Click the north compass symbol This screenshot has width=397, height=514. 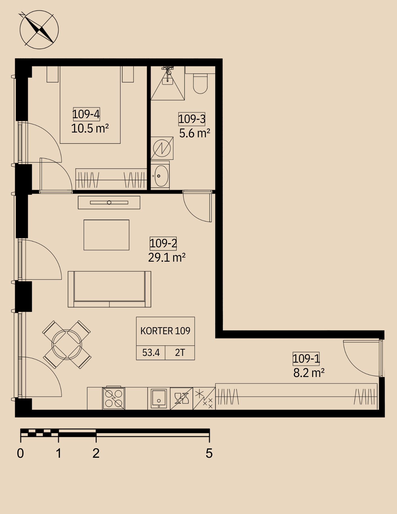[39, 30]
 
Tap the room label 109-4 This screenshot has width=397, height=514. [86, 114]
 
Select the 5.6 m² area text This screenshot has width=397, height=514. [195, 133]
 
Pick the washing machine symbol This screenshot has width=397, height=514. [162, 148]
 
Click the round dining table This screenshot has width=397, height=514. [67, 345]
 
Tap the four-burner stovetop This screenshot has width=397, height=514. [114, 398]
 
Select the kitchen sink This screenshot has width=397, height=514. [159, 399]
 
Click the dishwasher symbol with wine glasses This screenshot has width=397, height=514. [182, 399]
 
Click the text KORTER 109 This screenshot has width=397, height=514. [165, 331]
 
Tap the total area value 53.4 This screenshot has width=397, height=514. [151, 353]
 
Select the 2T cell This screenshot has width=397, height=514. [180, 353]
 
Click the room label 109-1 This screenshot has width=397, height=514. [306, 359]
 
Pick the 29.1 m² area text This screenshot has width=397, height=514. [167, 257]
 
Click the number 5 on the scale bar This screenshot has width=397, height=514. [209, 453]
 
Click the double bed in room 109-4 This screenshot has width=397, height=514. [90, 105]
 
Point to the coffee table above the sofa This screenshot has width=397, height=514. [106, 235]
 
